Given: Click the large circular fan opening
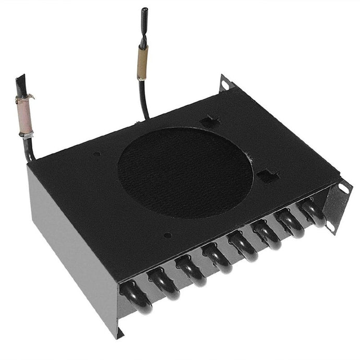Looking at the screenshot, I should [x=185, y=172].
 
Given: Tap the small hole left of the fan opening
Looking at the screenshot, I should [x=97, y=154].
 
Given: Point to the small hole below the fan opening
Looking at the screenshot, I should [x=167, y=235].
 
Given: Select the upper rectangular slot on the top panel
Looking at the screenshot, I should [x=210, y=121].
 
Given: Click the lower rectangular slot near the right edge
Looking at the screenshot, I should [x=268, y=176].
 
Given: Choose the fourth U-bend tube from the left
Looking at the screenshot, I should [x=217, y=258].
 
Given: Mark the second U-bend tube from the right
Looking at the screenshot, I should [x=290, y=223].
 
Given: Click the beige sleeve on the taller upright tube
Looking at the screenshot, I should [x=142, y=63].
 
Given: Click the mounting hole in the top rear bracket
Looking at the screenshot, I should [x=225, y=84].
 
